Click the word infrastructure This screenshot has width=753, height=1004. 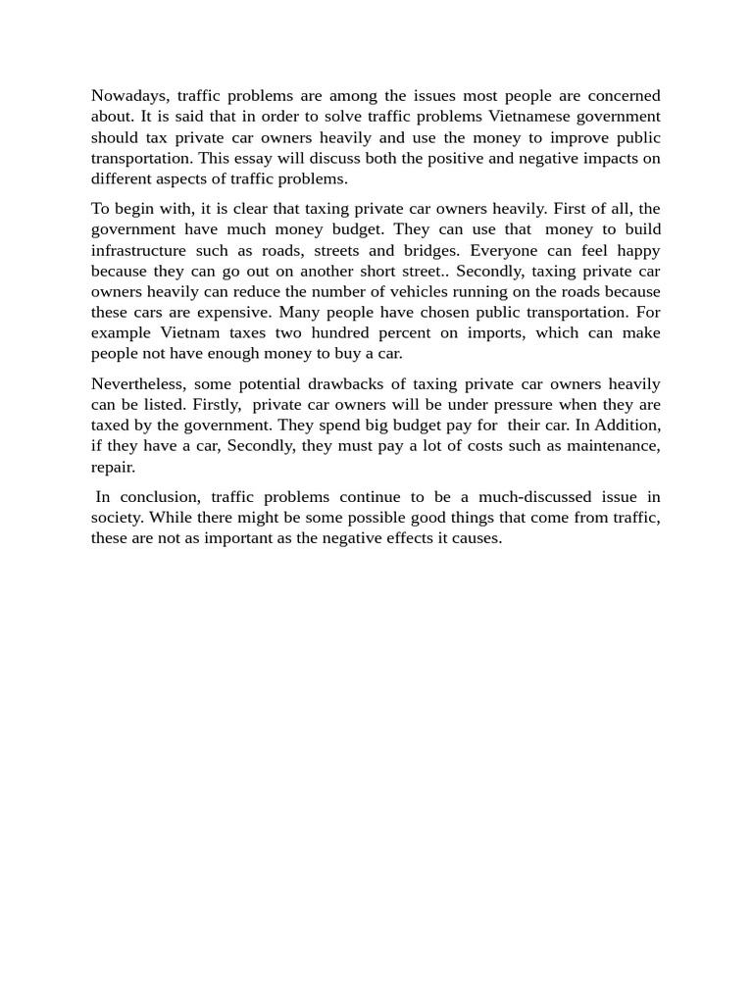[137, 250]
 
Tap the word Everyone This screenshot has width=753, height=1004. [504, 250]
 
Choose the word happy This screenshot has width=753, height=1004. [638, 250]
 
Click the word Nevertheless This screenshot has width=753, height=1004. [136, 383]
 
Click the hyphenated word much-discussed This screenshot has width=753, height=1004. [531, 497]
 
